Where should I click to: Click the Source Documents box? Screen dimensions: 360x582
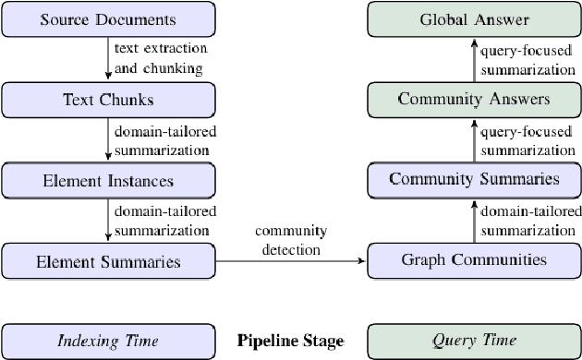click(108, 19)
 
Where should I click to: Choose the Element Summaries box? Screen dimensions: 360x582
click(108, 261)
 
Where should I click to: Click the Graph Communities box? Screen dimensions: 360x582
click(474, 261)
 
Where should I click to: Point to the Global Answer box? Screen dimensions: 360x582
click(474, 19)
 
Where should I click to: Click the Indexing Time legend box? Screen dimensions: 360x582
click(108, 341)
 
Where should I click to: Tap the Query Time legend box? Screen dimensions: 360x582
click(474, 341)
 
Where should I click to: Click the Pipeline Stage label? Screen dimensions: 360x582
click(290, 342)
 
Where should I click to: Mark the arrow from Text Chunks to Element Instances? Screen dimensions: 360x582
click(108, 139)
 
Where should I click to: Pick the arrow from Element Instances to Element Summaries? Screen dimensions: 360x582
click(108, 221)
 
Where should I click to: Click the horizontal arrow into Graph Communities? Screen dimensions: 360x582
click(291, 262)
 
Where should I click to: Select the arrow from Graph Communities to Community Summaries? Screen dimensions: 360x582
click(474, 221)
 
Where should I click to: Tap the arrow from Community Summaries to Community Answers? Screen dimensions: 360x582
click(474, 139)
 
